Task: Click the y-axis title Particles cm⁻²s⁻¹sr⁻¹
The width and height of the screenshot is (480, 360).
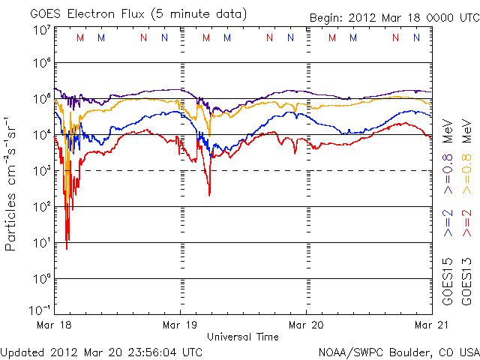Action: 12,183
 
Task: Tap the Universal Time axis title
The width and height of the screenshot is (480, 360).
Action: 242,337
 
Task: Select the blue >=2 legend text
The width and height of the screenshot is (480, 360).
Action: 448,223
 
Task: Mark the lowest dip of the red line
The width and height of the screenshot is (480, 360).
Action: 67,248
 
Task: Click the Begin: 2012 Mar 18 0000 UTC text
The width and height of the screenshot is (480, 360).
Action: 393,18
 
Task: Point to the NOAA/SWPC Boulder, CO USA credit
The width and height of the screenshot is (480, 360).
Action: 398,351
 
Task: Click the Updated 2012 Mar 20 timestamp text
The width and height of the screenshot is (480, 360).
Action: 101,351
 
